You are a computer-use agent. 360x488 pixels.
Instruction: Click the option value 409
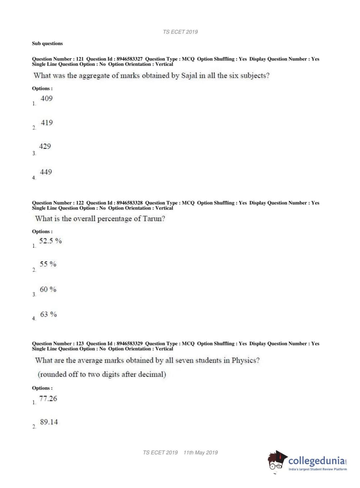click(x=46, y=99)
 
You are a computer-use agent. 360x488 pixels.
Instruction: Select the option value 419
click(x=47, y=123)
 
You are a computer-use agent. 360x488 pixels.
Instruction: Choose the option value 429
click(x=45, y=146)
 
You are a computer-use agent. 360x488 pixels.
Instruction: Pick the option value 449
click(x=46, y=172)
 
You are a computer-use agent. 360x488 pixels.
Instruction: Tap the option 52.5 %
click(x=50, y=241)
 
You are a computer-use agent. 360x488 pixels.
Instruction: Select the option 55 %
click(x=48, y=264)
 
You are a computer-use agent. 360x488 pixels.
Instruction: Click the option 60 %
click(x=48, y=289)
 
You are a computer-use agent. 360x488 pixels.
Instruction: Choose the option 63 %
click(x=48, y=315)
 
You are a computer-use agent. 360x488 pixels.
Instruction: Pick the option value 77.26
click(x=48, y=399)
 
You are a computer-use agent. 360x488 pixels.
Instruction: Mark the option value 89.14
click(x=49, y=422)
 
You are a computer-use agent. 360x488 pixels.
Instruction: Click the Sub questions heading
click(x=47, y=44)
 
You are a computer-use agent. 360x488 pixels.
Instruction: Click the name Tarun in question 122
click(x=154, y=219)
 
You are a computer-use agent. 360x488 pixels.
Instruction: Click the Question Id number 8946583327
click(x=129, y=59)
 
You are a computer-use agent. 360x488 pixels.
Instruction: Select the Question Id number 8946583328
click(x=129, y=203)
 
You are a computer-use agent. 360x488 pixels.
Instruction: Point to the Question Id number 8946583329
click(x=129, y=344)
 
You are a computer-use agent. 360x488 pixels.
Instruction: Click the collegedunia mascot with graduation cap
click(x=277, y=461)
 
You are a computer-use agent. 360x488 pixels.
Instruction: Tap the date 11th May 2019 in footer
click(x=201, y=453)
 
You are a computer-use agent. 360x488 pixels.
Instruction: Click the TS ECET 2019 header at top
click(x=180, y=32)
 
